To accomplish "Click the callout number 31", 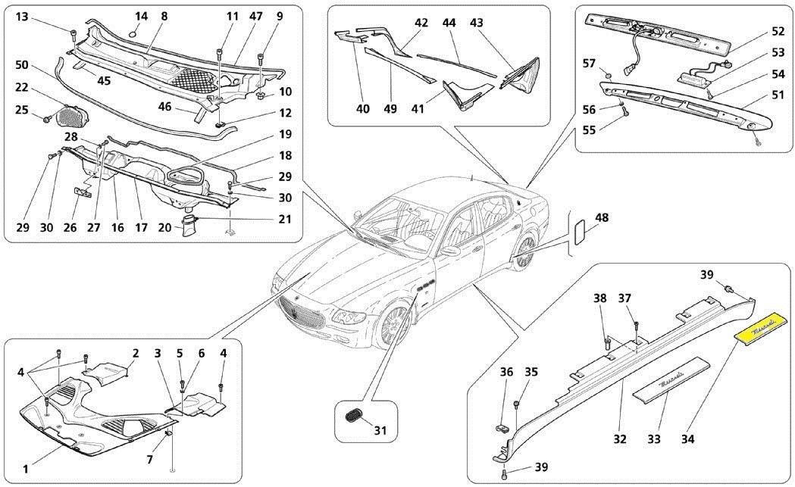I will coord(380,431).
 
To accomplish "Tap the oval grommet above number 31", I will coord(350,415).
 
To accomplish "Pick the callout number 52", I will coord(778,33).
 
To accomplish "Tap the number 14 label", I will coord(142,16).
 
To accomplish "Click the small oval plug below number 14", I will coord(133,32).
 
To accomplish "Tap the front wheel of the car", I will coord(392,326).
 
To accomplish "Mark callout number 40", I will coord(364,108).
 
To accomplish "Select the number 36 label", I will coord(506,372).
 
